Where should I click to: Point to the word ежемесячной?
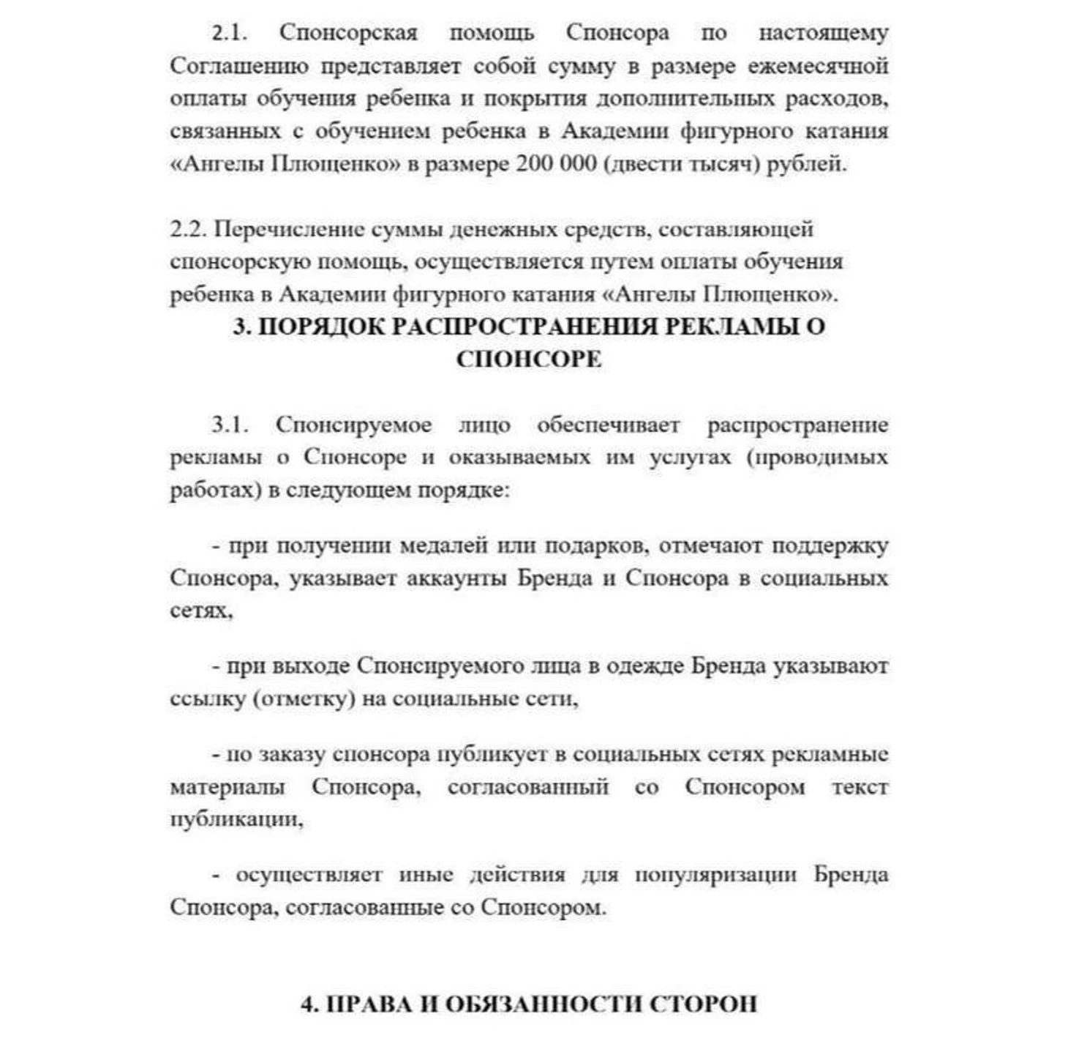click(818, 66)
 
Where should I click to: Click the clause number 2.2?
click(189, 229)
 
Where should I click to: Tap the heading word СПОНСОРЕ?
click(529, 359)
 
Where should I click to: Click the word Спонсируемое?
click(353, 425)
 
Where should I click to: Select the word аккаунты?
click(456, 578)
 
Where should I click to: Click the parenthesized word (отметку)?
click(304, 699)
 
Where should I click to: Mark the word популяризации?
click(715, 875)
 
